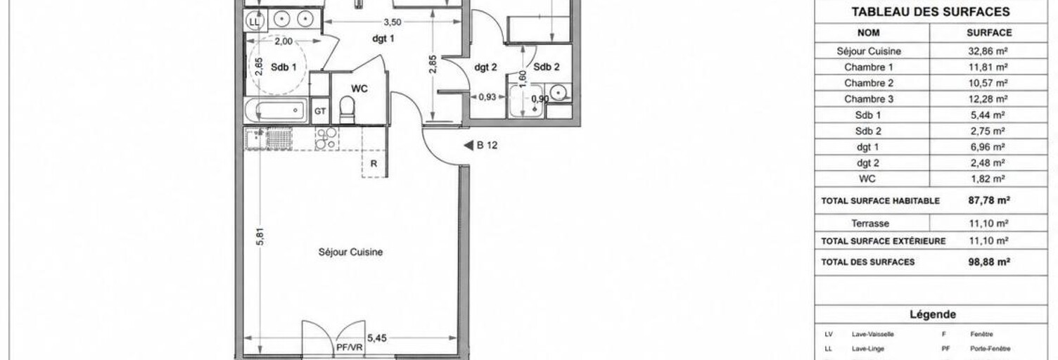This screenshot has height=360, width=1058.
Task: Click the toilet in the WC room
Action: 348,110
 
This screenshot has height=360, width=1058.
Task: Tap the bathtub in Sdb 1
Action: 276,111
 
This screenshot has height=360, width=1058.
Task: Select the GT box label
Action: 320,111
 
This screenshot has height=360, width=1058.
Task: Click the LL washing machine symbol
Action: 255,22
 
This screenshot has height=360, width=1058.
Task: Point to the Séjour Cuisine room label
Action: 350,252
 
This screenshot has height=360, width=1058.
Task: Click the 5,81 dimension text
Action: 260,236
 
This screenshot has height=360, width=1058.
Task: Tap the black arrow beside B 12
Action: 469,146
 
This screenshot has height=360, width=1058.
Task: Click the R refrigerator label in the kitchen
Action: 374,164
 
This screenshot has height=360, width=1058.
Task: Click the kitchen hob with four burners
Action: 326,139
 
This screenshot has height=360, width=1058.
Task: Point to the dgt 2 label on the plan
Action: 485,67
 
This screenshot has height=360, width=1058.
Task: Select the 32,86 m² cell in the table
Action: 988,51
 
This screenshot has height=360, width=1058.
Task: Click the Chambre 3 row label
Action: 869,99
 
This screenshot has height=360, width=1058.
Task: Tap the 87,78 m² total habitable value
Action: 989,200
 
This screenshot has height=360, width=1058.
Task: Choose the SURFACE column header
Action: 989,32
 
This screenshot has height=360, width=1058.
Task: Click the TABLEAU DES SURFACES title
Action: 931,12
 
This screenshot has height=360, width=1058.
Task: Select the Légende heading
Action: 933,314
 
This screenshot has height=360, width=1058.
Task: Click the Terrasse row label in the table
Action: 870,223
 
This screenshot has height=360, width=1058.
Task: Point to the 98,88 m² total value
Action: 989,262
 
